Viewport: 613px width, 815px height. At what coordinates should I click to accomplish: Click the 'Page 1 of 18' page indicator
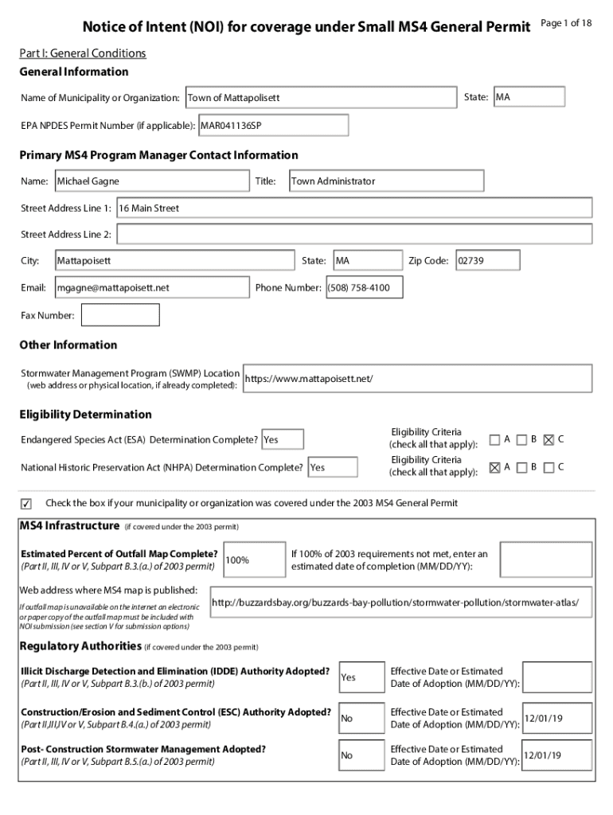point(566,23)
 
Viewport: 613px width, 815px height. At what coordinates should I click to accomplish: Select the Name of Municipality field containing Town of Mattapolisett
point(321,98)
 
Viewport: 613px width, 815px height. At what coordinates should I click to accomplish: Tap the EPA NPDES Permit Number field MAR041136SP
point(273,126)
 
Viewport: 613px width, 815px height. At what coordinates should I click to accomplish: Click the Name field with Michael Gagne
point(151,181)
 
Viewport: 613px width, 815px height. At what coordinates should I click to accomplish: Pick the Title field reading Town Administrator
point(385,181)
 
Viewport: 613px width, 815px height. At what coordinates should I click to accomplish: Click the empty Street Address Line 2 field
point(354,235)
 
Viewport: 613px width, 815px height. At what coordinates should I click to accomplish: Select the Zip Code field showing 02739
point(487,260)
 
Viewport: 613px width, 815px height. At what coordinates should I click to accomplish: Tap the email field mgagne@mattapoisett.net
point(151,287)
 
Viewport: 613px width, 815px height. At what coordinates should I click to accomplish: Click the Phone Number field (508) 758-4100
point(363,287)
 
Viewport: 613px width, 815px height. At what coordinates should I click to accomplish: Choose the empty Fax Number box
point(121,315)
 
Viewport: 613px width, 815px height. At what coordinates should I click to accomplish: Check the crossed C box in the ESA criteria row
point(548,439)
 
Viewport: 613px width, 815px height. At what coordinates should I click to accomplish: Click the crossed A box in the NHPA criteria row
point(495,467)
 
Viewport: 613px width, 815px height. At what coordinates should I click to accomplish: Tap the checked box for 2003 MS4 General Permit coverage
point(27,504)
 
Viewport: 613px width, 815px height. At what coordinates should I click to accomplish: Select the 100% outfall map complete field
point(255,560)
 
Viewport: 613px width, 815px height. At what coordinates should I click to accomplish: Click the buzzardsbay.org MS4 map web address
point(401,602)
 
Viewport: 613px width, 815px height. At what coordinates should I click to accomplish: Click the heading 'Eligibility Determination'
point(85,415)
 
